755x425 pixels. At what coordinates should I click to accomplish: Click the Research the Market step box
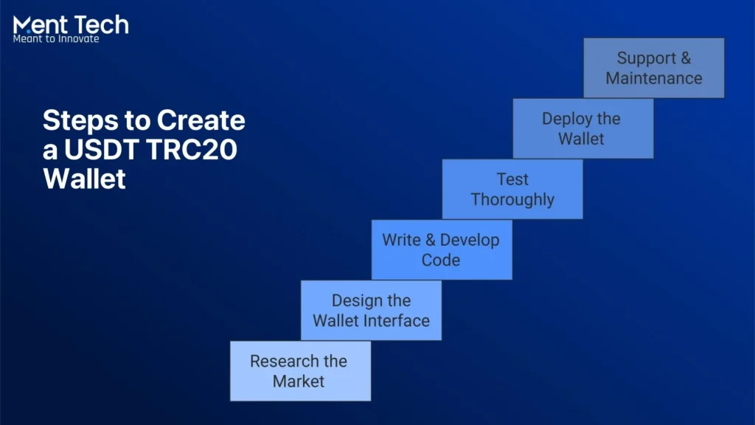[300, 371]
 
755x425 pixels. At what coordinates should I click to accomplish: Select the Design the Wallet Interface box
[371, 311]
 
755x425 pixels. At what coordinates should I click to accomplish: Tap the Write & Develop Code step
[441, 250]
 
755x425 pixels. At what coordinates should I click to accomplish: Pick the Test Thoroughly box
[512, 190]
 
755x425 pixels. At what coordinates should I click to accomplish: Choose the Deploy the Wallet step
[582, 129]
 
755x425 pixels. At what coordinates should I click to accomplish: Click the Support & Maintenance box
[653, 68]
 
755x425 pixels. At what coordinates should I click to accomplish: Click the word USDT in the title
[101, 149]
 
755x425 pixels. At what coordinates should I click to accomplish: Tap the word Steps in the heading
[77, 120]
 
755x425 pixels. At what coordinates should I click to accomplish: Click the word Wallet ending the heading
[84, 179]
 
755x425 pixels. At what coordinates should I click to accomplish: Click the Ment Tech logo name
[71, 25]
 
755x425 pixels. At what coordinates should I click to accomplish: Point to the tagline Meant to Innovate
[56, 39]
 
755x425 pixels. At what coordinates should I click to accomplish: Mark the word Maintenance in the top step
[653, 78]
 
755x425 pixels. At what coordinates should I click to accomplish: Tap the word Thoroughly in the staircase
[512, 200]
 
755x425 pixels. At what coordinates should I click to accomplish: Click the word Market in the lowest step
[299, 381]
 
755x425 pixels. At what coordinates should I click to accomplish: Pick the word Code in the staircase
[441, 260]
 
